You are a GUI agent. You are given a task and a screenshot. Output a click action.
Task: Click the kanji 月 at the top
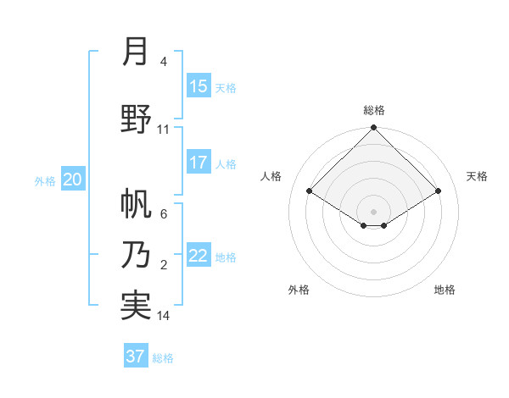coord(135,52)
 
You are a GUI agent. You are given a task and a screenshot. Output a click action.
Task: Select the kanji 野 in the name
coord(136,119)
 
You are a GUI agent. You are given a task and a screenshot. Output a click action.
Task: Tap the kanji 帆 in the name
coord(136,204)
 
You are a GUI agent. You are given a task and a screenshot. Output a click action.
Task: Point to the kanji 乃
coord(136,254)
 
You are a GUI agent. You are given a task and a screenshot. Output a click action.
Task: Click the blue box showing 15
coord(199,86)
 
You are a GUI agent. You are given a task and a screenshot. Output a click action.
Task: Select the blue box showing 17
coord(199,163)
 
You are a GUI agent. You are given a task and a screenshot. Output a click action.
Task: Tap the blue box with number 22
coord(199,256)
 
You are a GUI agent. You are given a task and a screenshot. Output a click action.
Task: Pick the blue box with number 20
coord(73,179)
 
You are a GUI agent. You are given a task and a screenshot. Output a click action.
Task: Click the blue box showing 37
coord(136,357)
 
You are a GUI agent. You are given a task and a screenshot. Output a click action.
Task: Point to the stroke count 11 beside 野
coord(163,130)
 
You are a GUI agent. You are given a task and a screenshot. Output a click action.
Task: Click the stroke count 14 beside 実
coord(163,316)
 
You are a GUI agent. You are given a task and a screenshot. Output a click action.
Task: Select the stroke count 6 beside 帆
coord(164,214)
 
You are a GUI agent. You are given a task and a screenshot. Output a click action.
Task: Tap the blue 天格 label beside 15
coord(226,87)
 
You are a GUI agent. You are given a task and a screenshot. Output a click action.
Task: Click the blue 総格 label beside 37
coord(164,358)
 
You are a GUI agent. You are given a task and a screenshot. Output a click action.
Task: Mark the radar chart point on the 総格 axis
coord(373,128)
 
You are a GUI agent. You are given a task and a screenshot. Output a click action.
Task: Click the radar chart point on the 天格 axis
coord(438,191)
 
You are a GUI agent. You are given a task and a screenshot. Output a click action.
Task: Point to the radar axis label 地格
coord(445,290)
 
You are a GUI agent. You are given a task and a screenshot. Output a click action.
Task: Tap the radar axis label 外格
coord(299,290)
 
